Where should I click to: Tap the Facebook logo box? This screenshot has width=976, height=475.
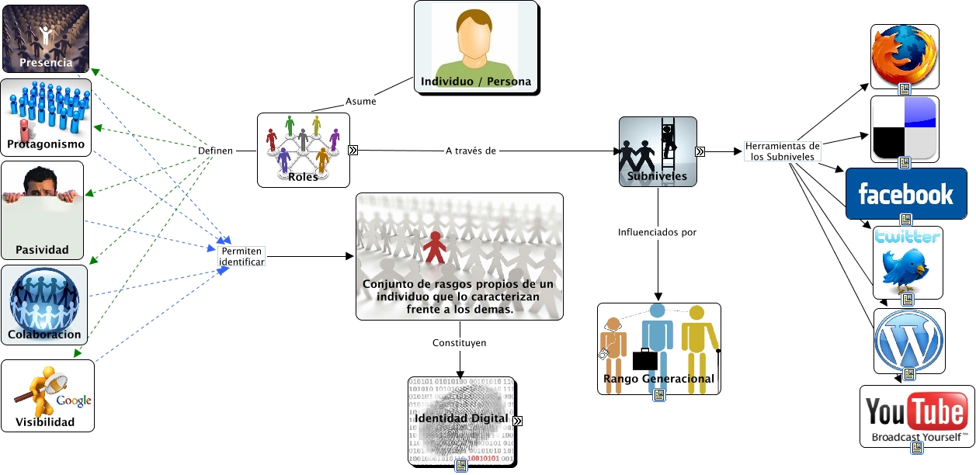click(905, 193)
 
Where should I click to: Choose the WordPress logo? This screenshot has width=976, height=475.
click(908, 339)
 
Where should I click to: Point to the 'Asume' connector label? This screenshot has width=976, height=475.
click(360, 102)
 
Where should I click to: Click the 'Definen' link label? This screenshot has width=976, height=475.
click(215, 150)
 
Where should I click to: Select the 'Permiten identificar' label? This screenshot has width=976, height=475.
click(241, 257)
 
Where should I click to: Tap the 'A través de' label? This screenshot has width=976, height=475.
click(471, 150)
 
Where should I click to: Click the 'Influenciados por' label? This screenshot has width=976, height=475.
click(657, 232)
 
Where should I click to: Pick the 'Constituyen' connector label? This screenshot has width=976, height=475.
click(460, 342)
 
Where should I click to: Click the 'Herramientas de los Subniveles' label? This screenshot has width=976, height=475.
click(782, 151)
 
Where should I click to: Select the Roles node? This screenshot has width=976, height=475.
click(303, 150)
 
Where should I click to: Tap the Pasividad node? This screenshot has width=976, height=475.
click(42, 210)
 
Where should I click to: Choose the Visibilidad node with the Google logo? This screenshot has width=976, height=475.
click(47, 396)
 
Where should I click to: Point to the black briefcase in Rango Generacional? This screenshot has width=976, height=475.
click(644, 360)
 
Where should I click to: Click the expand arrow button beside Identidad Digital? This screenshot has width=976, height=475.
click(518, 421)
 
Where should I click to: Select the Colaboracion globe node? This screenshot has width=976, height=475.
click(44, 305)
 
